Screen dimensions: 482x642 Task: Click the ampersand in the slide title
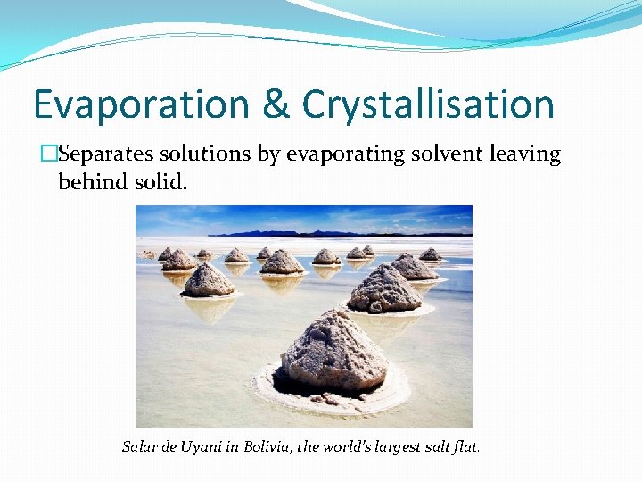[276, 104]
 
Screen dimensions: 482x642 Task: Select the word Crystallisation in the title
[428, 104]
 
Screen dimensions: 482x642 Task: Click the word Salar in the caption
[138, 446]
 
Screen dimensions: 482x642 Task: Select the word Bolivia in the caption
[267, 446]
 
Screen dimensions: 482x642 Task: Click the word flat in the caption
[466, 446]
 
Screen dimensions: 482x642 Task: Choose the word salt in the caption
[435, 446]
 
